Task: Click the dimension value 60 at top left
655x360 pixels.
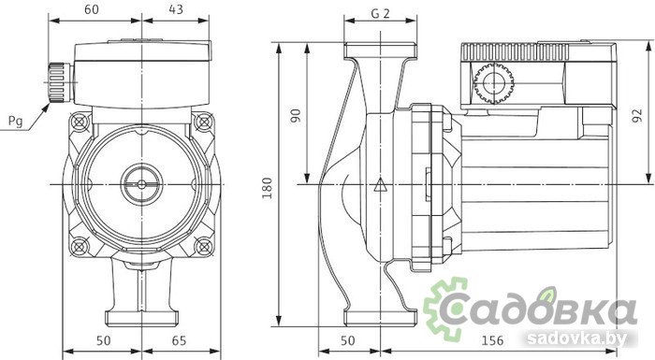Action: tap(92, 8)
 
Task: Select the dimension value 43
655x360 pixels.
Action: tap(176, 8)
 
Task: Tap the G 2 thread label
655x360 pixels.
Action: tap(380, 14)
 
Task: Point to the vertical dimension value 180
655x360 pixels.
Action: tap(267, 188)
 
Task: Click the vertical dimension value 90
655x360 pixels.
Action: tap(296, 116)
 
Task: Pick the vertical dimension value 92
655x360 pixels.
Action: tap(637, 116)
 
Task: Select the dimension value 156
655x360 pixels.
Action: tap(492, 340)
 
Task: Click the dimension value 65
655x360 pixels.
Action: tap(179, 340)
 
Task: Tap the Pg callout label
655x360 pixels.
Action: tap(16, 122)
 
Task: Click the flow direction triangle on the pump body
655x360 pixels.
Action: tap(380, 184)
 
